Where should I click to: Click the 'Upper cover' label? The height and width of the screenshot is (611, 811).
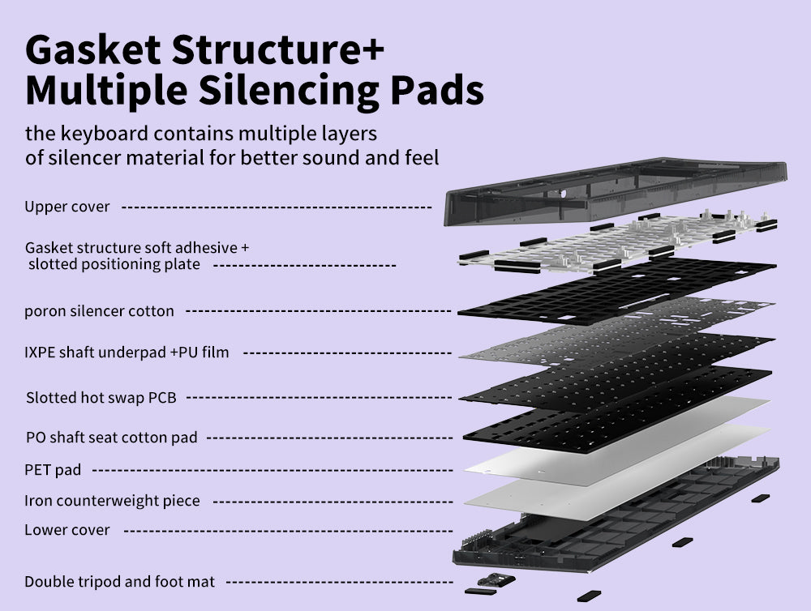coord(67,207)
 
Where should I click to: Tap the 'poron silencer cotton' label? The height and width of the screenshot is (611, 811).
coord(99,311)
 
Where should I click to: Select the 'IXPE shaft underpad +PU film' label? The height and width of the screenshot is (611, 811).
coord(127,352)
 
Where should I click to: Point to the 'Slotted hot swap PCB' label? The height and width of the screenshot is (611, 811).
coord(101,398)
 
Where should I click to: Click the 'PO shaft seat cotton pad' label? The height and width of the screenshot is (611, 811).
coord(112,438)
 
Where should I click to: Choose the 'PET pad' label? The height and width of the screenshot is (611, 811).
coord(53,470)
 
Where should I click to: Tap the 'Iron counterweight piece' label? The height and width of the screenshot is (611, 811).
coord(112,501)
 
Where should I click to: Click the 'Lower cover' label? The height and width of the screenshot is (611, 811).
coord(67,530)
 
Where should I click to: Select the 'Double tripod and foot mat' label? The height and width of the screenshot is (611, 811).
coord(119,582)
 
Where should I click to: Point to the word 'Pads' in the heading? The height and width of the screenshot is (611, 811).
coord(437,90)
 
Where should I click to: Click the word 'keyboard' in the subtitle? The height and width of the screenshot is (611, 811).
coord(104,134)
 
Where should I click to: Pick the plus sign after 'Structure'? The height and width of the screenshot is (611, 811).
coord(371,50)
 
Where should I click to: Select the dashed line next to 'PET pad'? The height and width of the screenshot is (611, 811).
coord(272,470)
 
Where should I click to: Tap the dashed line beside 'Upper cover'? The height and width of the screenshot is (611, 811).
coord(277,207)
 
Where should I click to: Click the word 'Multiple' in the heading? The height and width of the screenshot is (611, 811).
coord(106,91)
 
